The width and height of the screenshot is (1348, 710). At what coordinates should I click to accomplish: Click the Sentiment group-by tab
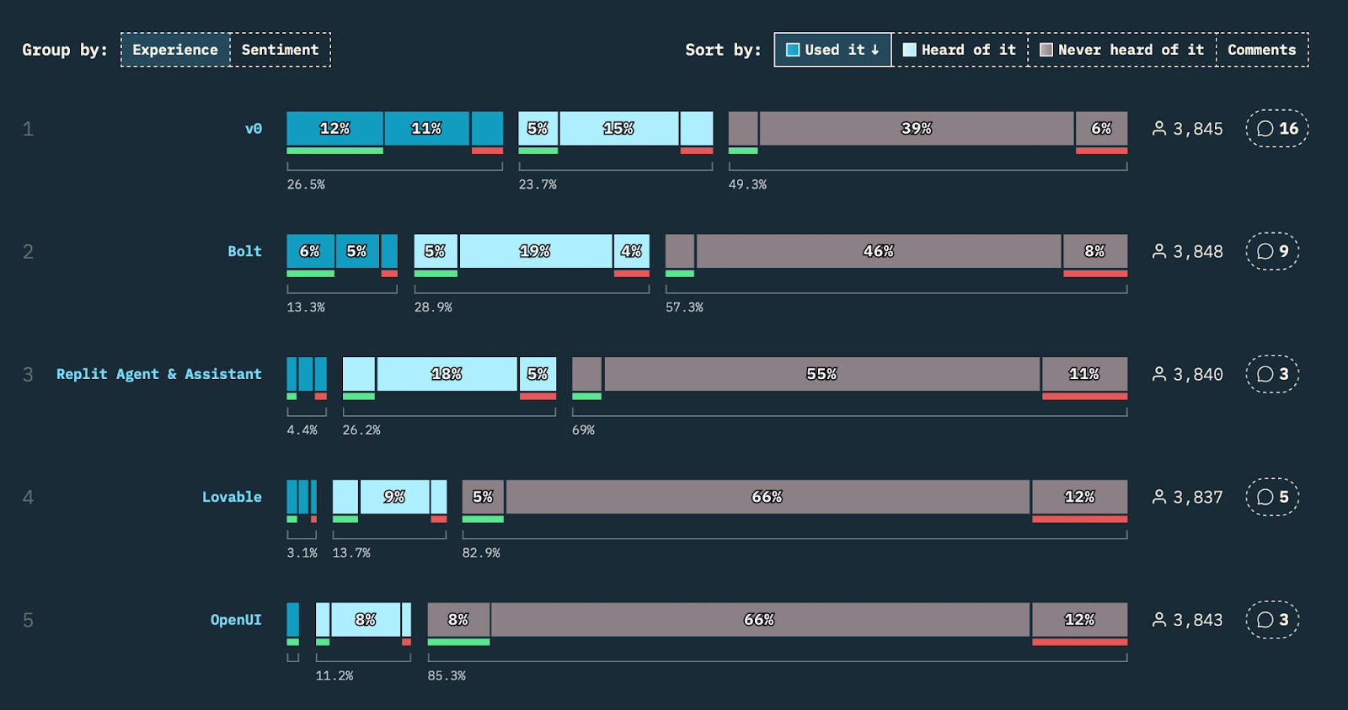(281, 50)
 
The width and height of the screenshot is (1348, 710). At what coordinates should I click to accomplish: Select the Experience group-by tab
(175, 50)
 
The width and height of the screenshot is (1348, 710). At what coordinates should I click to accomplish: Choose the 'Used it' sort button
(833, 50)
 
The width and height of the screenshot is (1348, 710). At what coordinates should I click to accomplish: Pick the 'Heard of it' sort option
(960, 50)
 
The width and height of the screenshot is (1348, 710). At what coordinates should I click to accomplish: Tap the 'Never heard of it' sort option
(1122, 50)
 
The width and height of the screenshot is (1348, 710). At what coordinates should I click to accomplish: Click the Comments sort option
(1262, 50)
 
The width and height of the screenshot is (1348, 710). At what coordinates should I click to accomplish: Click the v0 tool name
(254, 129)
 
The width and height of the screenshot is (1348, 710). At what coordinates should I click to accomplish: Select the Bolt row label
(244, 252)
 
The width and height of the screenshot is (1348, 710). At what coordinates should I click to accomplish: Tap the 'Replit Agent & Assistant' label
(159, 374)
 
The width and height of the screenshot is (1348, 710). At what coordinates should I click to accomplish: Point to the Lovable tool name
(232, 497)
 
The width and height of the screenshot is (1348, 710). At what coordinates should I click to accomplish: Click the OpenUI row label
(236, 620)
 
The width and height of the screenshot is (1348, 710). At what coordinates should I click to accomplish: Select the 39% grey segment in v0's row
(917, 128)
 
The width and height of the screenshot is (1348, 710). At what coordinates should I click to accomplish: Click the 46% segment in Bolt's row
(879, 251)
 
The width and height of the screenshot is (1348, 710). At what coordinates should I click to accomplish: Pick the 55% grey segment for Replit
(822, 374)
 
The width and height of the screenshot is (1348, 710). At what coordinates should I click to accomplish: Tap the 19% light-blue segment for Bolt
(536, 251)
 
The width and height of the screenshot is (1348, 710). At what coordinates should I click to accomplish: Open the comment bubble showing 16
(1277, 128)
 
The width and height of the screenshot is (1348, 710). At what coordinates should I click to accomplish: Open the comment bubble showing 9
(1272, 251)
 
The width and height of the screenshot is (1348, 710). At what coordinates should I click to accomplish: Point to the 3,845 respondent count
(1187, 129)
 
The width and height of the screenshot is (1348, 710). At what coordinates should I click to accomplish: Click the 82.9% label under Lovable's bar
(481, 553)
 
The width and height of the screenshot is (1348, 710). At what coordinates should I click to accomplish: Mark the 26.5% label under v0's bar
(306, 184)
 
